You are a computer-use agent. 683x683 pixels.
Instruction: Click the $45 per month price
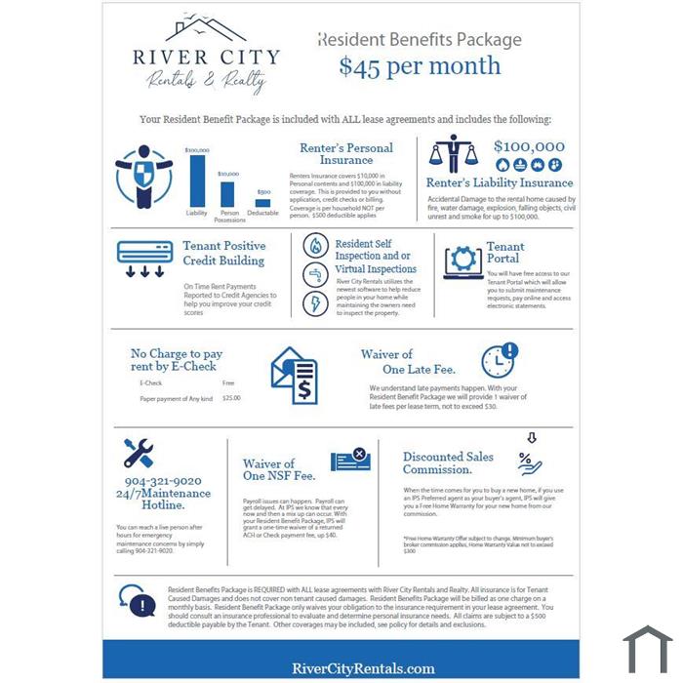tap(420, 66)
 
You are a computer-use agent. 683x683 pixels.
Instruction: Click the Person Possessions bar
tap(228, 191)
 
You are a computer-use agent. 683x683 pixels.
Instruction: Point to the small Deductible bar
tap(262, 200)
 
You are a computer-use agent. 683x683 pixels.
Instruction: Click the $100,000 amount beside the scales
tap(529, 147)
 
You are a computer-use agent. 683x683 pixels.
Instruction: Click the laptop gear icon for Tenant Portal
tap(462, 261)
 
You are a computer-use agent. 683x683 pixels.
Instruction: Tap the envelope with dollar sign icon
tap(294, 377)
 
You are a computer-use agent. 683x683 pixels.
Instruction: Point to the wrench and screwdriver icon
tap(139, 453)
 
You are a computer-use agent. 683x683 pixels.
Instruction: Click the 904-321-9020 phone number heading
tap(162, 481)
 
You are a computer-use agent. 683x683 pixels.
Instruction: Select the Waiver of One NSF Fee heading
tap(278, 469)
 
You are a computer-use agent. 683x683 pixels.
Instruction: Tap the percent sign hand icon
tap(530, 458)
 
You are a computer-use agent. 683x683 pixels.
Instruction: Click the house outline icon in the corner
tap(648, 649)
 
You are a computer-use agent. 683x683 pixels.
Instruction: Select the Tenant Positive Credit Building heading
tap(223, 254)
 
